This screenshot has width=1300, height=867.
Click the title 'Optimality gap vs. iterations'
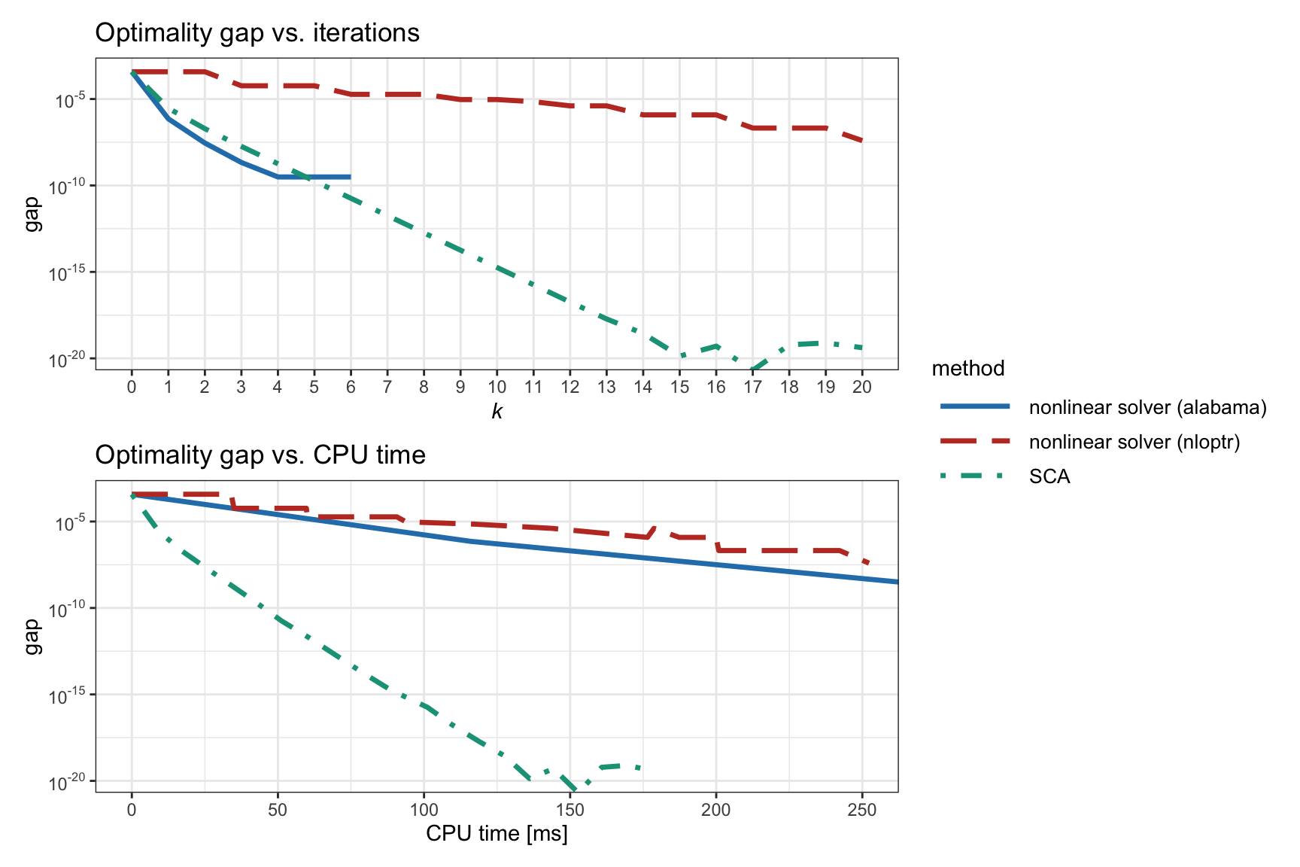pos(257,33)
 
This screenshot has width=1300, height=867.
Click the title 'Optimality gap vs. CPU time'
pos(260,455)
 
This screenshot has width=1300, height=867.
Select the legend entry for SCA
pos(1049,476)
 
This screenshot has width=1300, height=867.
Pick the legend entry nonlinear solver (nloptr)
pos(1134,442)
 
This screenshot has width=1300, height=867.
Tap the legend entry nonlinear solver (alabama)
pos(1147,407)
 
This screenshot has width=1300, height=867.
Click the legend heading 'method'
pos(967,368)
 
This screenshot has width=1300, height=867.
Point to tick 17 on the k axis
pos(752,387)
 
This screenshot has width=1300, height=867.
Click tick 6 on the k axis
pos(351,387)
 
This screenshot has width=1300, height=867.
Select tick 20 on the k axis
pos(862,387)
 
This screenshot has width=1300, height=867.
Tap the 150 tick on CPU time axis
pos(570,810)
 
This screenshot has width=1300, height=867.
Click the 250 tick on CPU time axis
pos(862,810)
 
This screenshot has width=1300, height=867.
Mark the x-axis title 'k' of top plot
pos(497,411)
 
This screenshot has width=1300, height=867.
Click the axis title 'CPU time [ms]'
pos(497,833)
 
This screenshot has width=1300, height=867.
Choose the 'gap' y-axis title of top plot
pos(32,214)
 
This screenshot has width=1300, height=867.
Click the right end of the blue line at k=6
pos(351,177)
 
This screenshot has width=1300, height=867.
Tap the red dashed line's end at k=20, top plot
pos(862,141)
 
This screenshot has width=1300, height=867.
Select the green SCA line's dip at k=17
pos(752,369)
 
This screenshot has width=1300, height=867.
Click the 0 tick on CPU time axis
pos(132,810)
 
